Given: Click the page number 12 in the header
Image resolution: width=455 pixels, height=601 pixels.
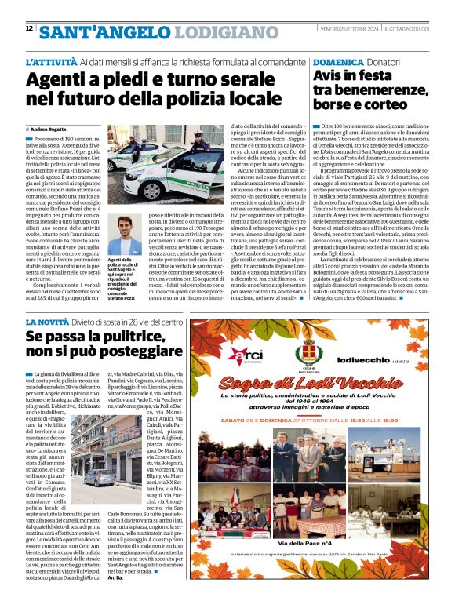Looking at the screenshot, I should click(28, 29).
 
